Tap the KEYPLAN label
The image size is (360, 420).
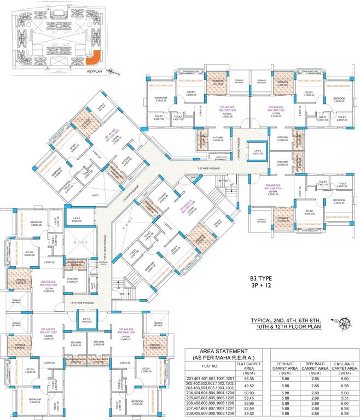pos(95,71)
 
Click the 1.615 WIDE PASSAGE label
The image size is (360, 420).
pos(80,303)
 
